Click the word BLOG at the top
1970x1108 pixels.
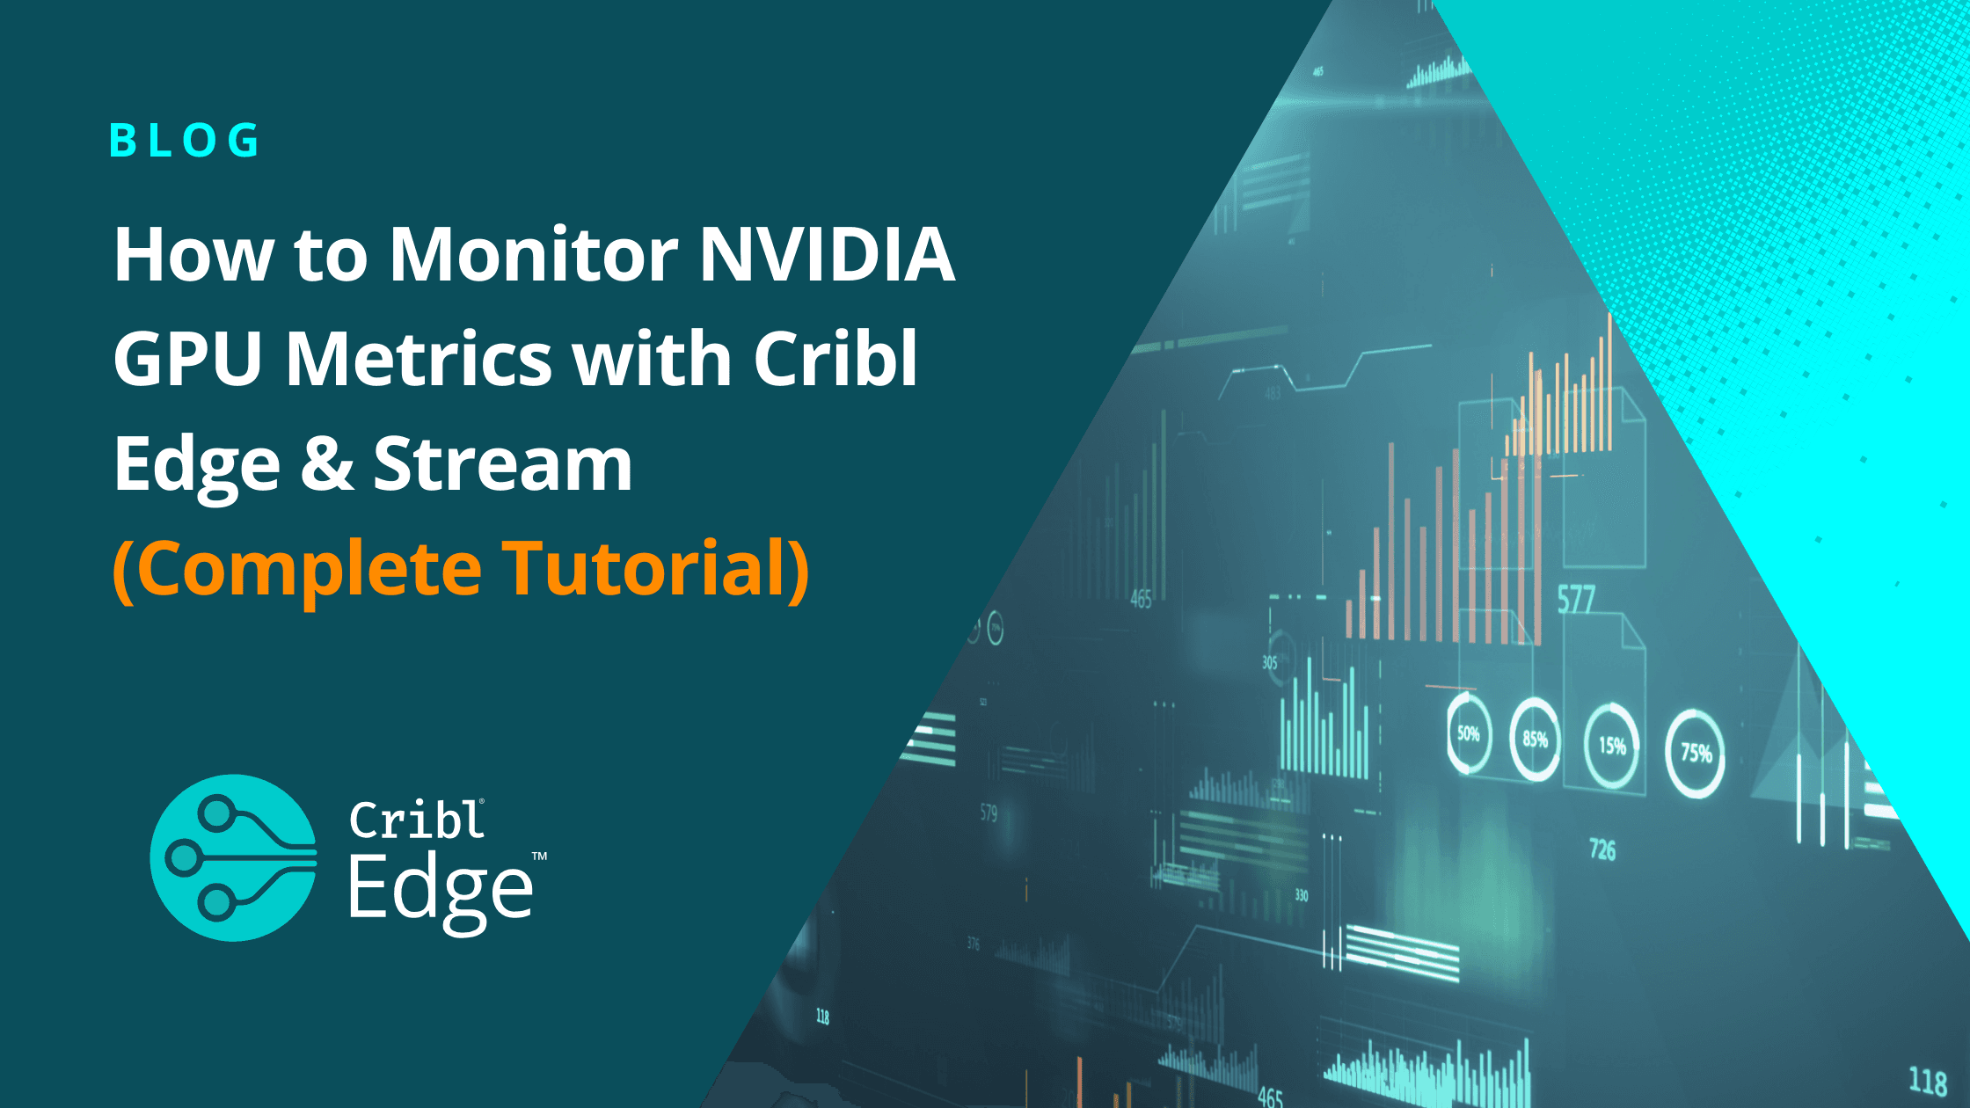[x=185, y=141]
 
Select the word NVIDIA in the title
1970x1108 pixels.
[x=827, y=255]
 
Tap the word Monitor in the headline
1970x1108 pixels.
[x=534, y=255]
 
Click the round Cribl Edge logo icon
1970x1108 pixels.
[x=233, y=857]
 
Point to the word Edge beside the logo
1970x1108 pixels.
[x=440, y=890]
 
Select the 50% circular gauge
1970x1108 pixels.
[x=1469, y=733]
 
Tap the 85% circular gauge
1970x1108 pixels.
[x=1535, y=739]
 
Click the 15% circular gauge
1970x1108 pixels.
[x=1611, y=746]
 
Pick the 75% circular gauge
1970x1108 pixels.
[x=1696, y=753]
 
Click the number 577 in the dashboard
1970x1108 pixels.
[x=1576, y=600]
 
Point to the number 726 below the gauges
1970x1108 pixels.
[x=1602, y=849]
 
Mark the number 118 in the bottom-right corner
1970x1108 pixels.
[x=1928, y=1081]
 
